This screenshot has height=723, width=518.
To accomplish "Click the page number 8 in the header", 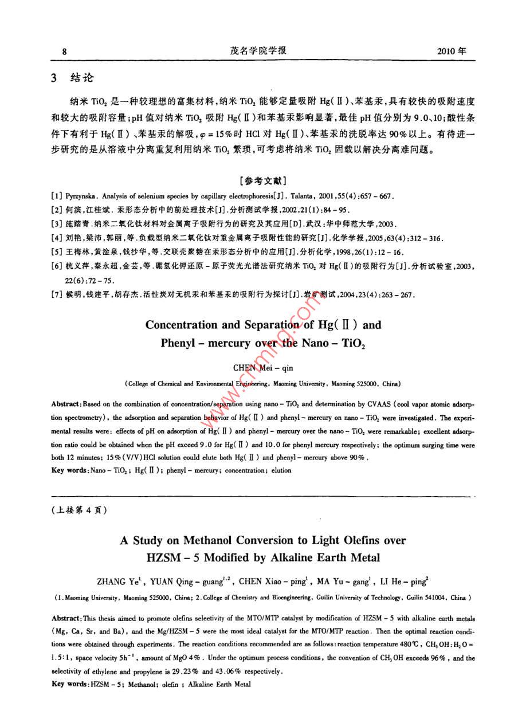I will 65,51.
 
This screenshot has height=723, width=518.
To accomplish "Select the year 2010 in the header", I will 448,51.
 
